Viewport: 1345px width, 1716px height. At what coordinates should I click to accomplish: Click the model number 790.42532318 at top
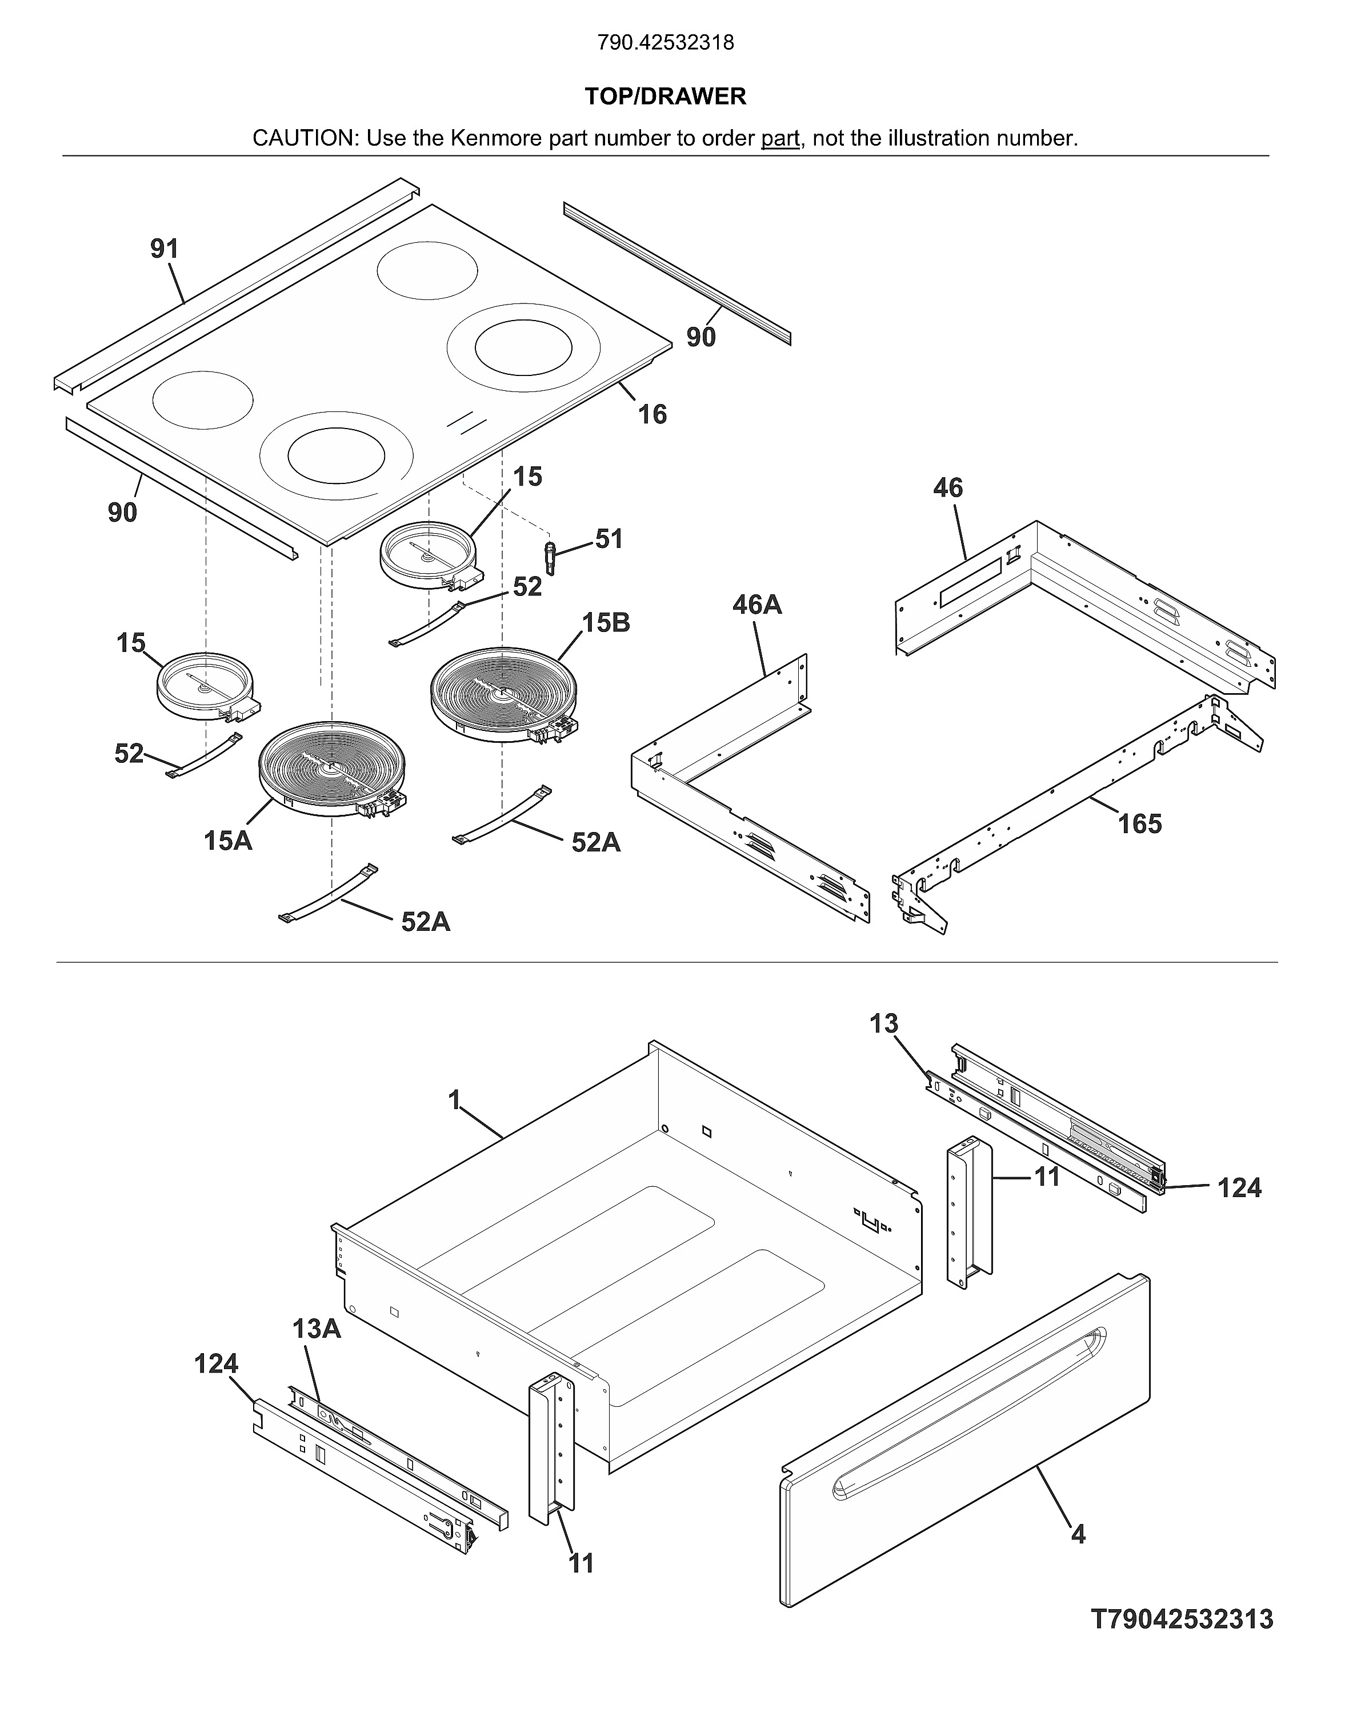pyautogui.click(x=666, y=42)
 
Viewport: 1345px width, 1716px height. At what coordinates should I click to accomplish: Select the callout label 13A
pyautogui.click(x=317, y=1329)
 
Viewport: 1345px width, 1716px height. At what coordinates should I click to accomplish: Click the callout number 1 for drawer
pyautogui.click(x=454, y=1100)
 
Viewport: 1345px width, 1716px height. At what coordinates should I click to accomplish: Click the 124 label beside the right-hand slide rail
pyautogui.click(x=1239, y=1187)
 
